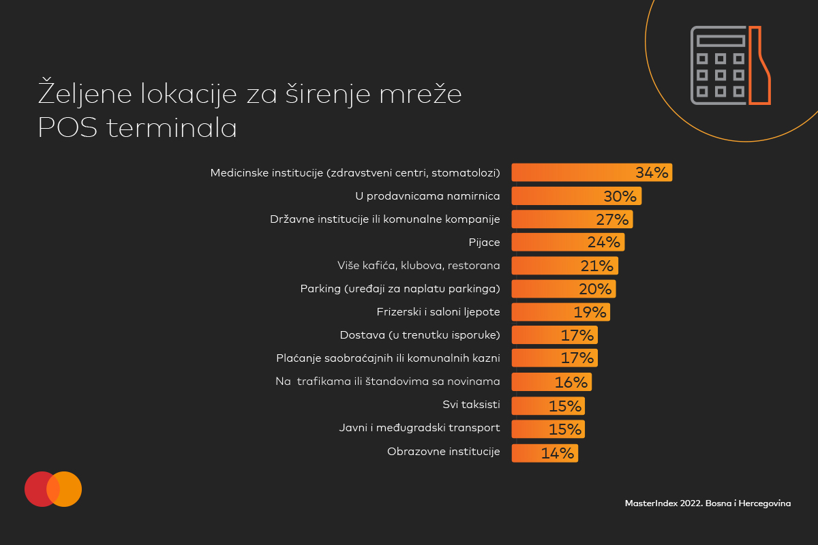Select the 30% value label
point(620,197)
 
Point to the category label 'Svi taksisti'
point(471,405)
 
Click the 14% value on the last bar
point(558,453)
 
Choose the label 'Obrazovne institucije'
point(443,452)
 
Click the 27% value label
point(611,219)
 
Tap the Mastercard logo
point(53,489)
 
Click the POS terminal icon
point(731,65)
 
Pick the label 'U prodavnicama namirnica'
point(427,196)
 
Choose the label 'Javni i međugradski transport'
point(419,429)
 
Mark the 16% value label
point(571,382)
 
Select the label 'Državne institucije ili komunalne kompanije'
point(385,219)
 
